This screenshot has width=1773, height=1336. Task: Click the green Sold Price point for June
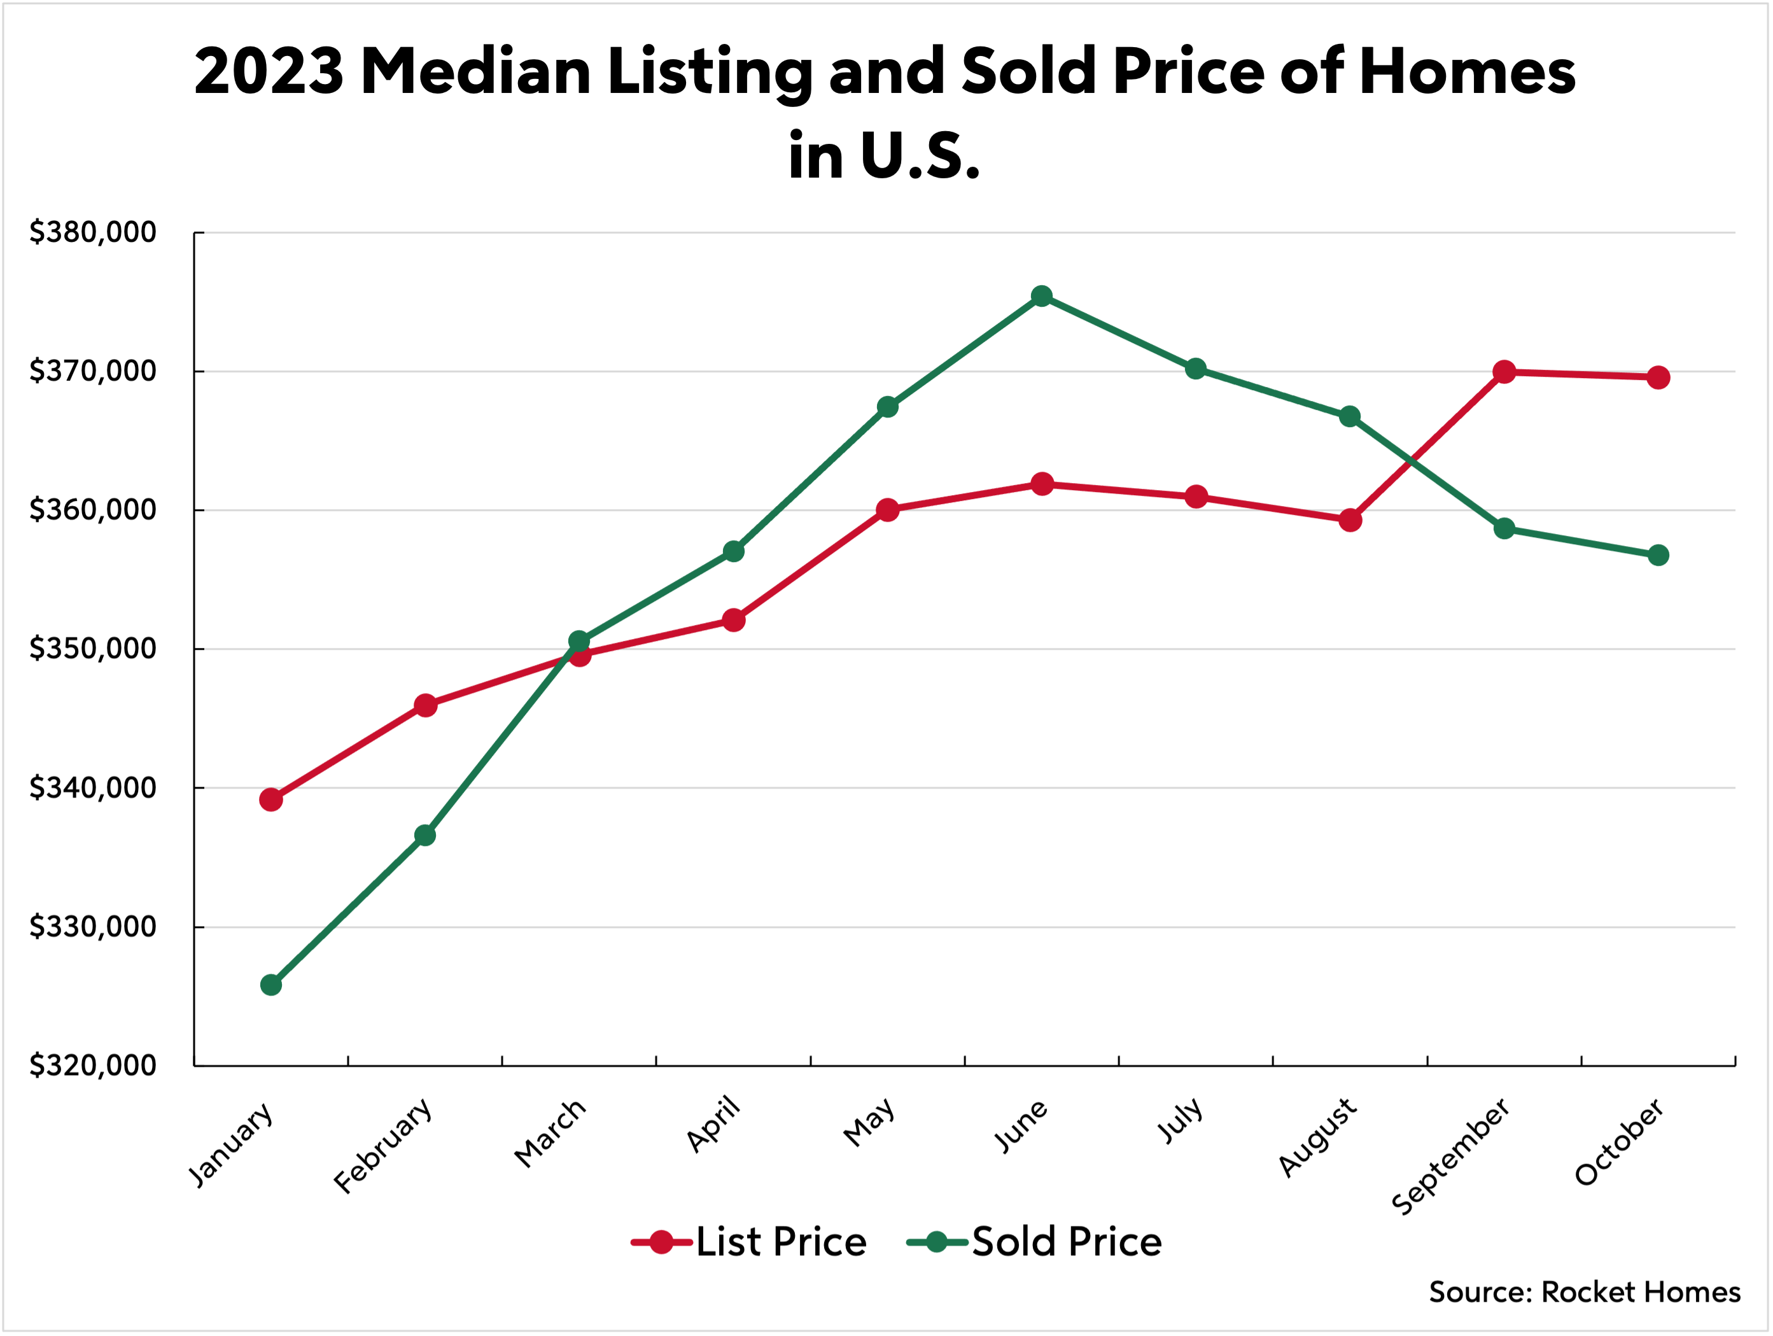coord(1041,297)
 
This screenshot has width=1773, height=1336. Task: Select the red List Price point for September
coord(1504,372)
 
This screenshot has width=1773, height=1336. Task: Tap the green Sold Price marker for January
coord(271,985)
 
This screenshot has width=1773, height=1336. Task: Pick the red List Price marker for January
coord(271,799)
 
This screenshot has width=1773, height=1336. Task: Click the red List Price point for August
coord(1350,520)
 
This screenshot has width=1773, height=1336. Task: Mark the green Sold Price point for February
coord(425,835)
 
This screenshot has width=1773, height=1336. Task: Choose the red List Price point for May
coord(887,510)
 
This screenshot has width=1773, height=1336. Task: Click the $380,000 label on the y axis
coord(93,232)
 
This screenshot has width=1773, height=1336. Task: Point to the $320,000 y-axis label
coord(93,1065)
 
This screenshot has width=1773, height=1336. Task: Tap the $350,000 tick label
coord(93,649)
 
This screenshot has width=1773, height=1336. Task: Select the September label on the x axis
coord(1452,1157)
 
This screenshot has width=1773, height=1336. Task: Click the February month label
coord(384,1146)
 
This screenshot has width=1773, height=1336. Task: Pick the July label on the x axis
coord(1180,1120)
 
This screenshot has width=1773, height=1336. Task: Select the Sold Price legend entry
coord(1066,1242)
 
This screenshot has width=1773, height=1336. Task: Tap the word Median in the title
coord(476,72)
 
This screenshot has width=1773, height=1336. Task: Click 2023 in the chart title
coord(269,72)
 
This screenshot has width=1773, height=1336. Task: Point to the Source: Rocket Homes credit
coord(1585,1292)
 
